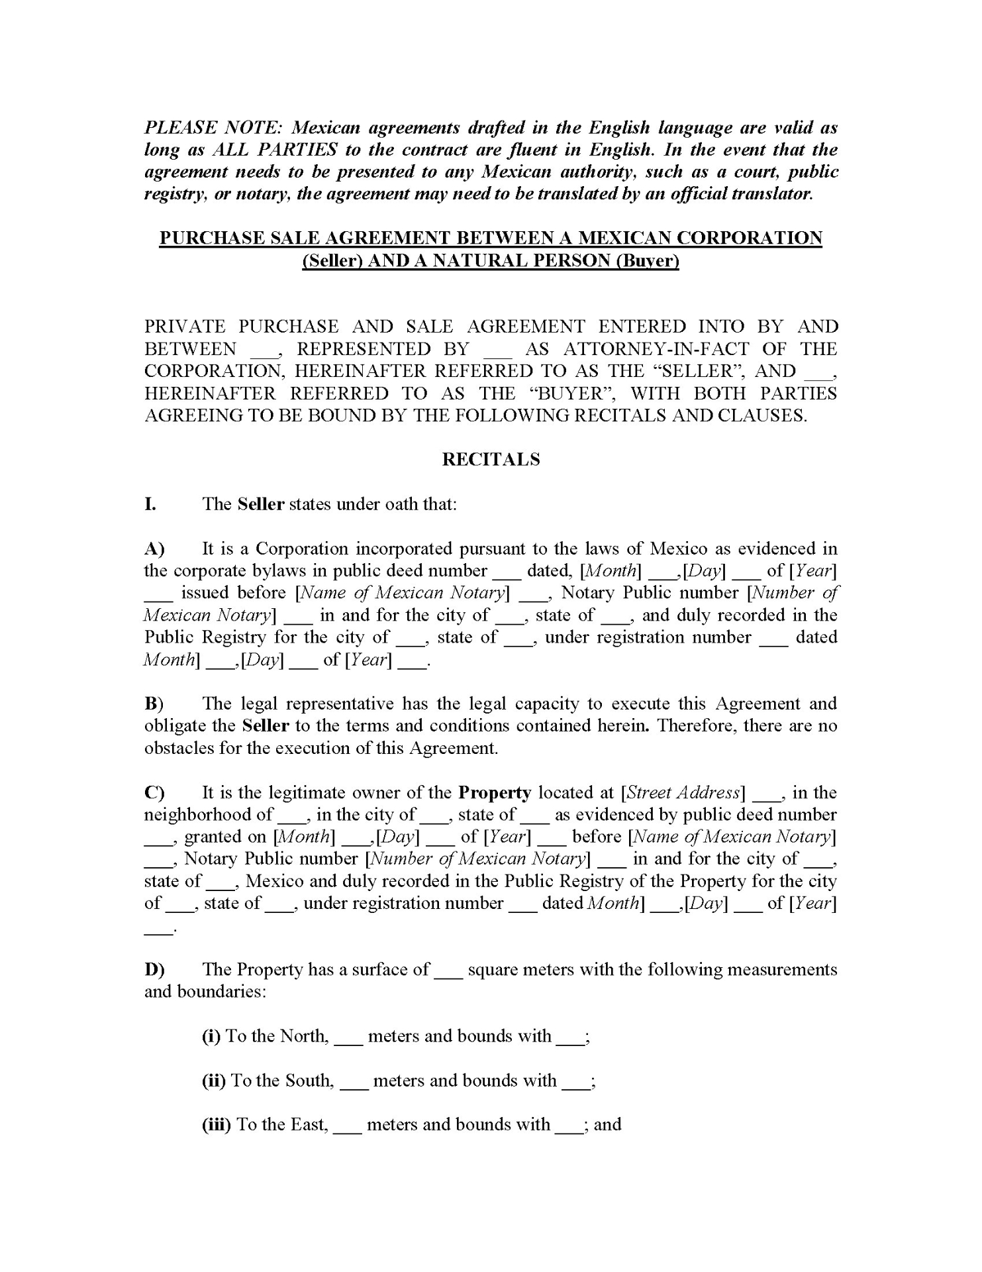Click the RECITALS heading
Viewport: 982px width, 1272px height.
click(491, 460)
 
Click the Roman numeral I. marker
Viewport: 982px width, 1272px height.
click(150, 504)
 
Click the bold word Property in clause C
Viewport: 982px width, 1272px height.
click(495, 793)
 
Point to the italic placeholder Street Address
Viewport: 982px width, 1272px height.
click(683, 793)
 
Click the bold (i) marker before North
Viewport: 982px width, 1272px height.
click(211, 1036)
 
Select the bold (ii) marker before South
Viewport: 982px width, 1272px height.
click(214, 1081)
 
